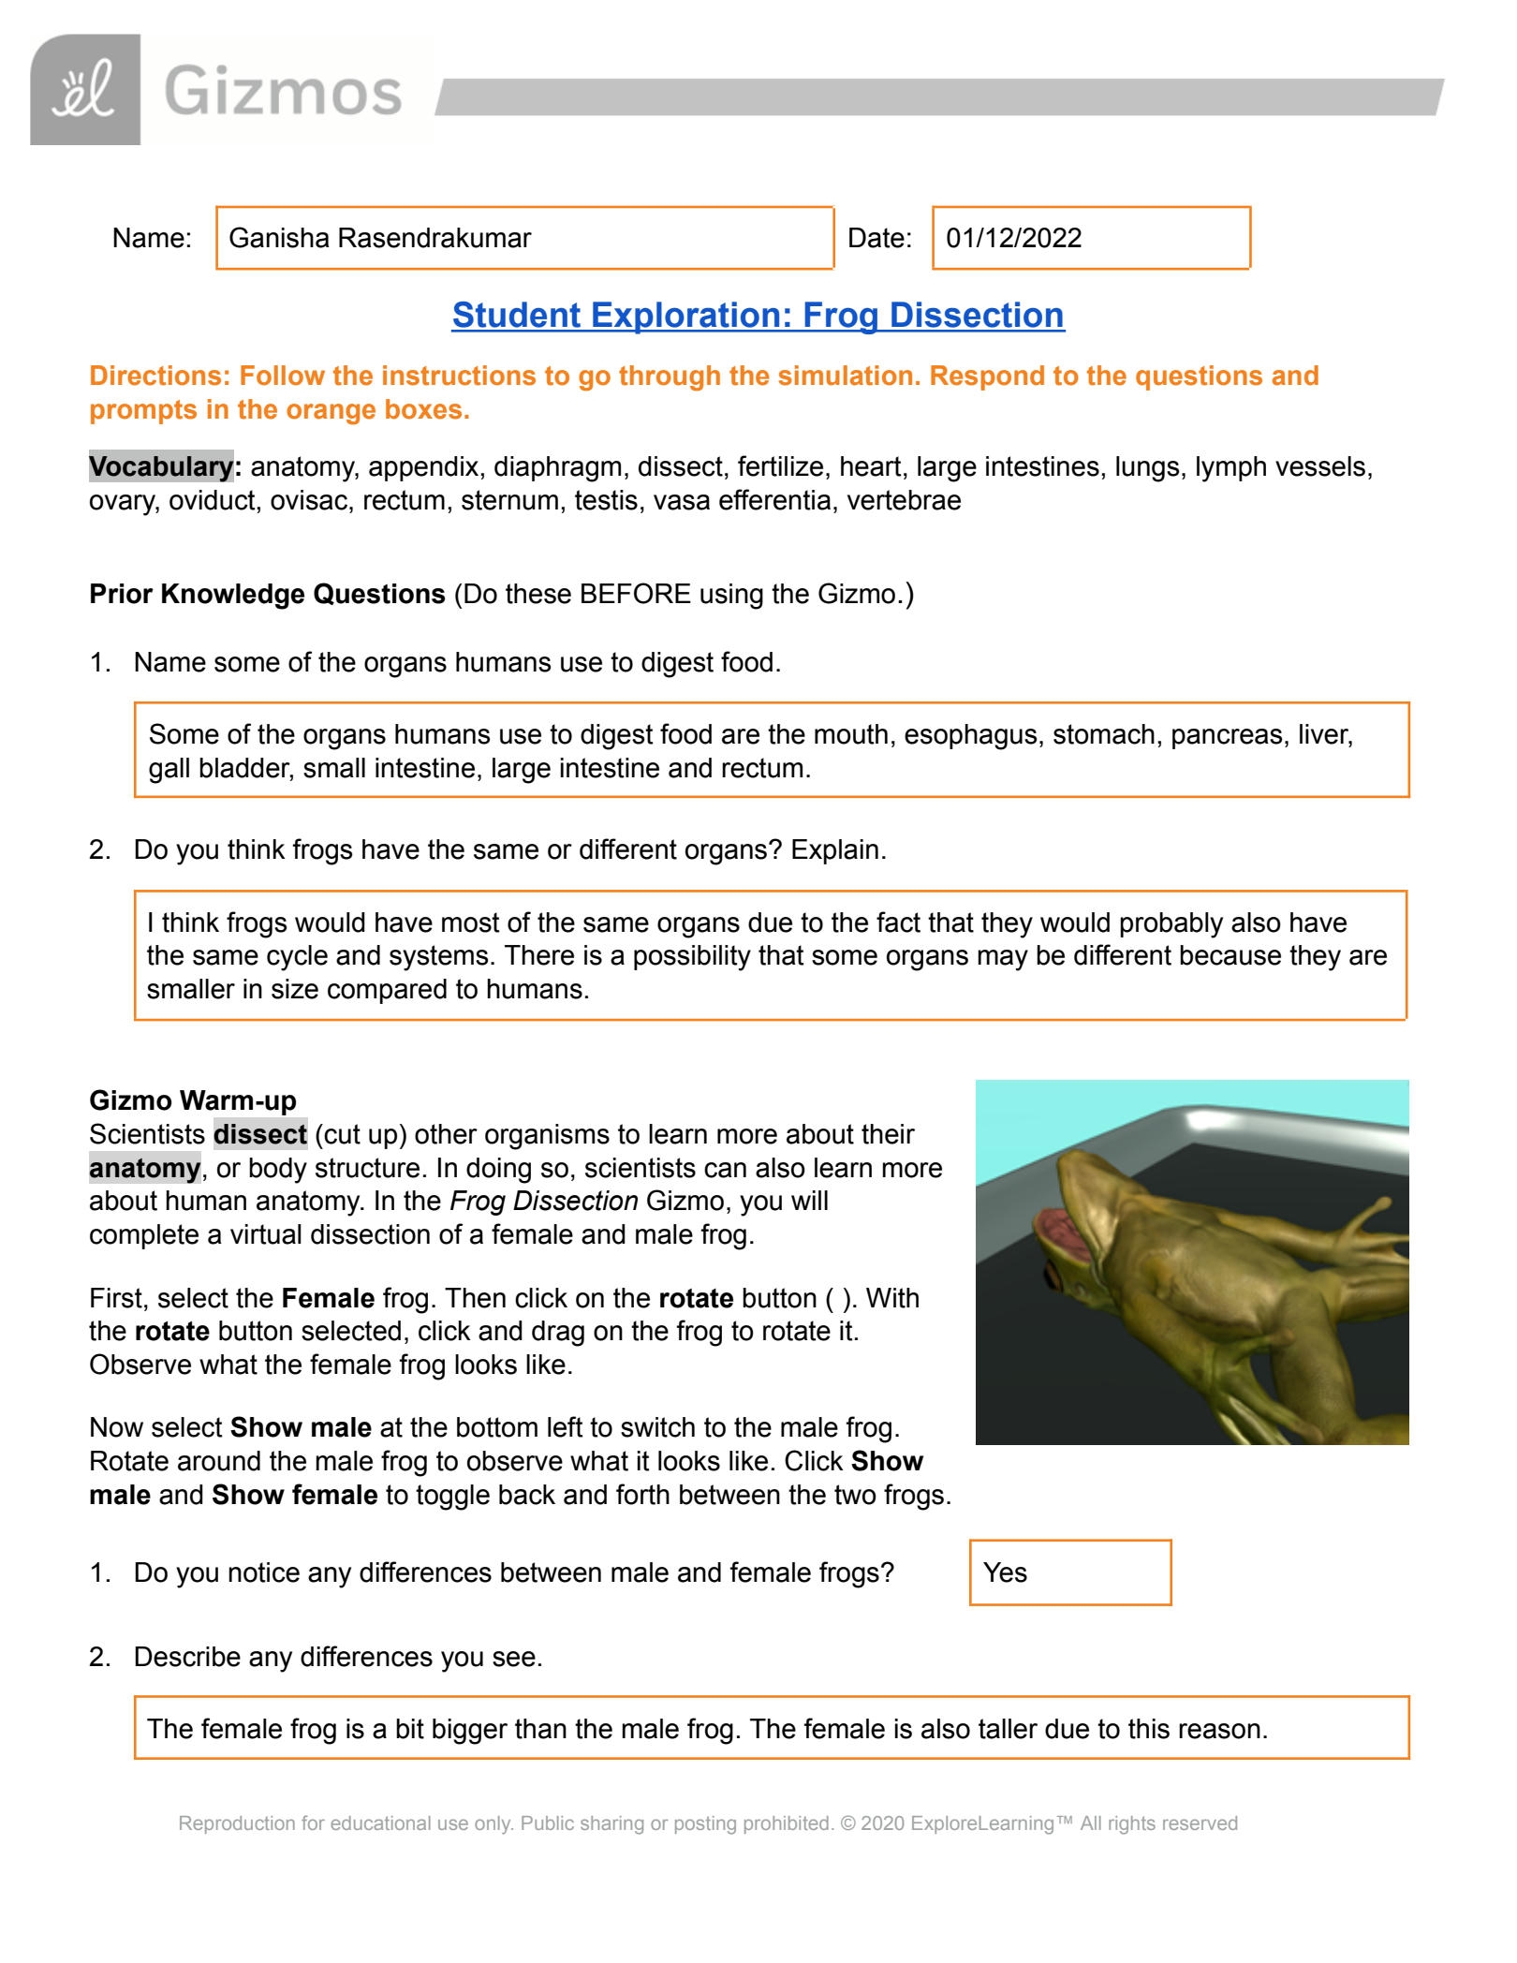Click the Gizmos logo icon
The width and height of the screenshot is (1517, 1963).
point(85,91)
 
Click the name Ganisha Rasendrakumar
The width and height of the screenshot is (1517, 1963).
point(379,239)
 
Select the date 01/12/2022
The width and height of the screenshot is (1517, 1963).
point(1013,239)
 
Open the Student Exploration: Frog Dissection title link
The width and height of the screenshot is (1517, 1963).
point(758,316)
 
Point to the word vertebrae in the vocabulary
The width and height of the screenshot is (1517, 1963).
point(904,500)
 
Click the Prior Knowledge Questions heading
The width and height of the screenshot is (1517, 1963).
point(267,594)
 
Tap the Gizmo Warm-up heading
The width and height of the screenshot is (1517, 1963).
point(193,1100)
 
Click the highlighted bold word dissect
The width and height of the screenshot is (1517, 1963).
point(259,1134)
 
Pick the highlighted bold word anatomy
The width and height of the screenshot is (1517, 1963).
point(144,1168)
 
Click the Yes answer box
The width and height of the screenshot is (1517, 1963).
point(1069,1572)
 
